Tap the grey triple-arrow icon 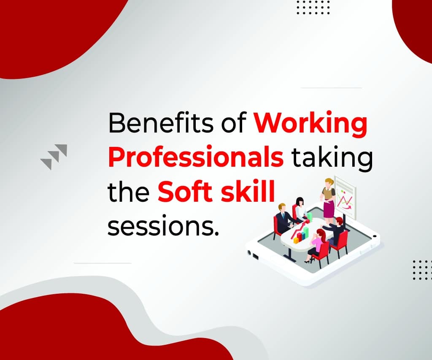pos(54,157)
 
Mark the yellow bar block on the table pos(296,240)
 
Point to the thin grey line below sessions pos(103,263)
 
